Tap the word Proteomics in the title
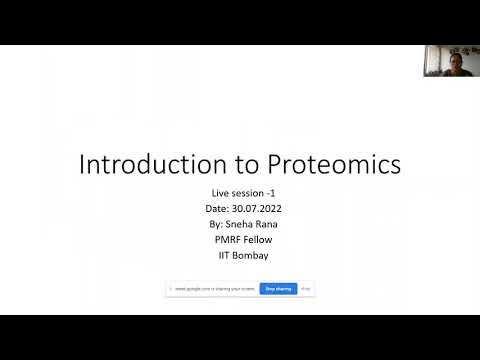(x=316, y=164)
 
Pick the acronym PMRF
(x=223, y=240)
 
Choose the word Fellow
(x=256, y=240)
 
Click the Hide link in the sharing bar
(x=306, y=289)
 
